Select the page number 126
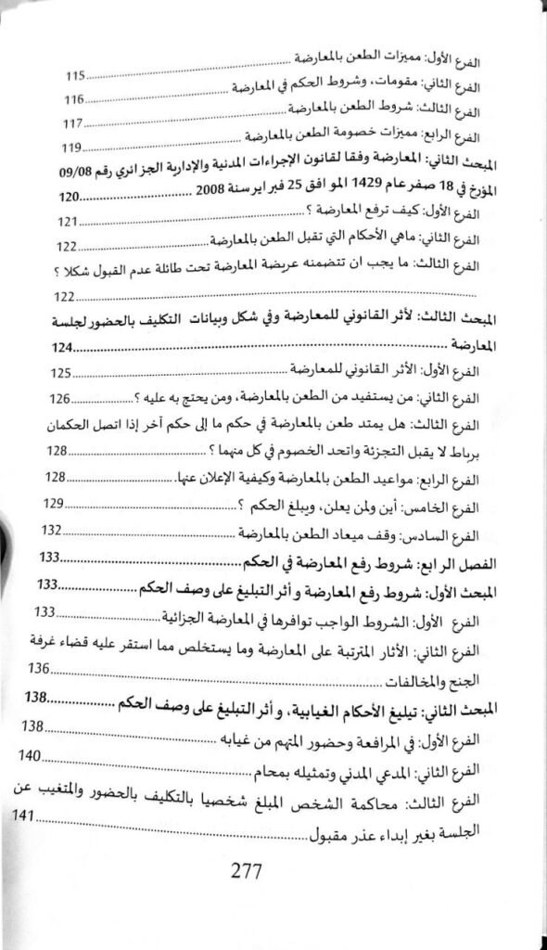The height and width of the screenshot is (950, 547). tap(61, 399)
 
